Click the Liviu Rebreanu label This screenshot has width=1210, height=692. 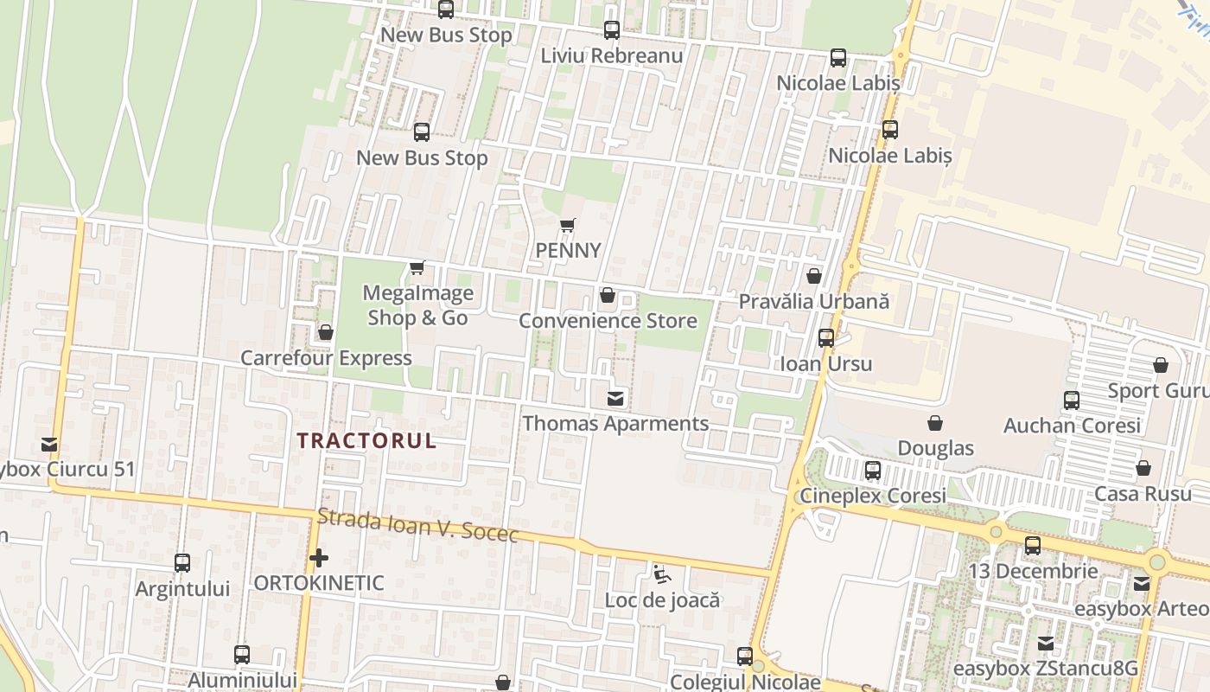[x=611, y=55]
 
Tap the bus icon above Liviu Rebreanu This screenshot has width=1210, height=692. [x=611, y=30]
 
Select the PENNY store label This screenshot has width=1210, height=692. [x=568, y=250]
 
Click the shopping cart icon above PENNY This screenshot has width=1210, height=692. [x=567, y=226]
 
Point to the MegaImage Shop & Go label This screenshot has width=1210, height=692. [x=417, y=305]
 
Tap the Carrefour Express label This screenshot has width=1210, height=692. [x=326, y=358]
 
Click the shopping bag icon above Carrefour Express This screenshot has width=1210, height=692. [x=326, y=332]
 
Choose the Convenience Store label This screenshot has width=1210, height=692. [x=607, y=321]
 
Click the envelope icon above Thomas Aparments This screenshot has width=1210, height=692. [x=615, y=399]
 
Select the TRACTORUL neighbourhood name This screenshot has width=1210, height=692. [x=366, y=440]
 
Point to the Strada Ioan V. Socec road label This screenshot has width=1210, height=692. [x=417, y=525]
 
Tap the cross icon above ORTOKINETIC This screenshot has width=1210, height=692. [x=319, y=558]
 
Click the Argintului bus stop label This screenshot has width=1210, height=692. [x=182, y=589]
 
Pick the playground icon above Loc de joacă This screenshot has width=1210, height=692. [x=661, y=573]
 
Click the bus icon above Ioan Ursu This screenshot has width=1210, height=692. [x=826, y=338]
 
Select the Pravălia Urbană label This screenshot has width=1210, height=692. [x=813, y=302]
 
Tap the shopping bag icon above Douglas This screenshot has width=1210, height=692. [x=934, y=423]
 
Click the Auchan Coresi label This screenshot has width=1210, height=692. [x=1072, y=426]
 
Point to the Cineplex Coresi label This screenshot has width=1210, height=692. [x=872, y=497]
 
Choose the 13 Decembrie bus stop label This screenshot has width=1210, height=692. [x=1033, y=571]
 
